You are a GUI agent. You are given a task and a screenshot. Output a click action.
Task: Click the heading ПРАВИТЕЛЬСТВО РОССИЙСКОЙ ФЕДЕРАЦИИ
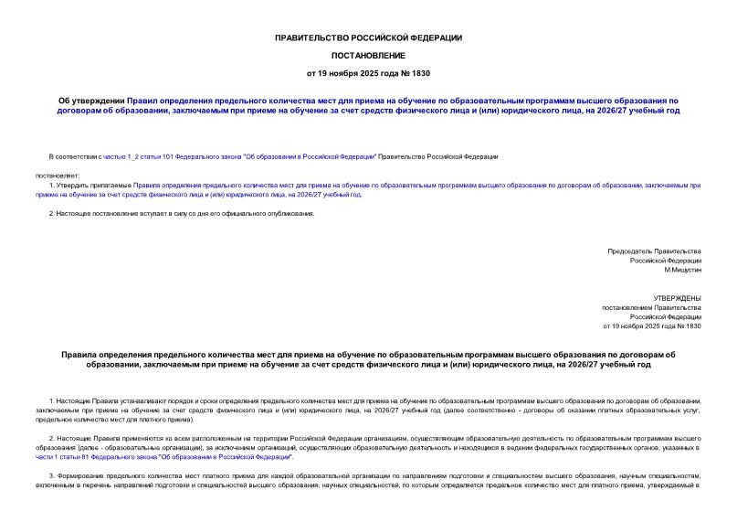click(x=369, y=37)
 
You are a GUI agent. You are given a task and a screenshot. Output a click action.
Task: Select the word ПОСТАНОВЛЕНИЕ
click(x=369, y=55)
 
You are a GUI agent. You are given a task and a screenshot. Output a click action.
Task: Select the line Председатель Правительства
click(x=655, y=250)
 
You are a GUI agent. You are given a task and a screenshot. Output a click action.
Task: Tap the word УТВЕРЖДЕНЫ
click(x=679, y=298)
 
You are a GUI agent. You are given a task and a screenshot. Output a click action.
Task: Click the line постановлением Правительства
click(x=651, y=307)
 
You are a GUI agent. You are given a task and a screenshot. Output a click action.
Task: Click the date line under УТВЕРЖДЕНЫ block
click(x=652, y=326)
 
